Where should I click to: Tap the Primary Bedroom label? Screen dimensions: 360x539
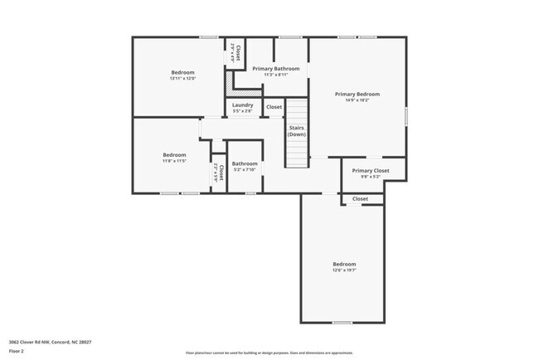coord(357,95)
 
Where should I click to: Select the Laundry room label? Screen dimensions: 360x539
coord(242,105)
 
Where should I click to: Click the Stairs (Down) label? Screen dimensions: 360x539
coord(297,131)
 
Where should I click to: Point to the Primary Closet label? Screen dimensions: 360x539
coord(370,171)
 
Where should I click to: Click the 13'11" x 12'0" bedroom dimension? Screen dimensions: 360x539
coord(182,79)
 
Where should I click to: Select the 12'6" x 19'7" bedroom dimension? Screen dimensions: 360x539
coord(343,270)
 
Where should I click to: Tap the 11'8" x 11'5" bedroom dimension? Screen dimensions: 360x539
coord(174,161)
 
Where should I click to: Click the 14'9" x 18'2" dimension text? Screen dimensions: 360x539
coord(357,100)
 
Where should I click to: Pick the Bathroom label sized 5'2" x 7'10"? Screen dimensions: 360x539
coord(245,164)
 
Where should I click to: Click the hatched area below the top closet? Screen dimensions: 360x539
coord(229,85)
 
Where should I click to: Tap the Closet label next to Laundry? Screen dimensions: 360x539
coord(274,107)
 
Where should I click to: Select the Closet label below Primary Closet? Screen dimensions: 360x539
coord(360,199)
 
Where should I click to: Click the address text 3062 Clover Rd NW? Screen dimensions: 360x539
coord(38,342)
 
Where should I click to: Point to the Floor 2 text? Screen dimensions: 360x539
coord(17,351)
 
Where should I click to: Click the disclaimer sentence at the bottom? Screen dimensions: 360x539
coord(269,353)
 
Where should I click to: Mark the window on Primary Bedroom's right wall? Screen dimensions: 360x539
coord(406,116)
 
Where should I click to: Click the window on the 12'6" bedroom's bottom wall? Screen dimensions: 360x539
coord(342,323)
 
